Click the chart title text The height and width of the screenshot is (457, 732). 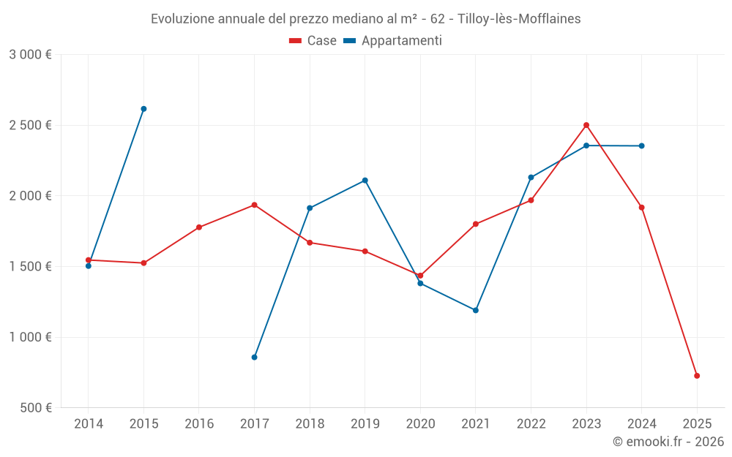(365, 19)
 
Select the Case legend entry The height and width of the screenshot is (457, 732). (313, 41)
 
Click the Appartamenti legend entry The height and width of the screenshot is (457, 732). (392, 41)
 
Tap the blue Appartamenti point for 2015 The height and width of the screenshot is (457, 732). (143, 109)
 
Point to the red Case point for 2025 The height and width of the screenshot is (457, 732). (697, 376)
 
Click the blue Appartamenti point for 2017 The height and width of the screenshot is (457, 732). (254, 357)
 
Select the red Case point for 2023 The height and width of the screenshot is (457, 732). (586, 125)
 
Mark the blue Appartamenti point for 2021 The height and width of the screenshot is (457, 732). (476, 310)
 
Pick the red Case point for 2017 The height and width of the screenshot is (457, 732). (254, 205)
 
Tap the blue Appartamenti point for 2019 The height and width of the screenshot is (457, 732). (365, 181)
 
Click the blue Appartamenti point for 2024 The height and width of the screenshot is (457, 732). (642, 146)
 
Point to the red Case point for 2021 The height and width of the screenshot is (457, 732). (476, 224)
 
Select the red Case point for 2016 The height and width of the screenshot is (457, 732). (199, 227)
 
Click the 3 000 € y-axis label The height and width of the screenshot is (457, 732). (31, 55)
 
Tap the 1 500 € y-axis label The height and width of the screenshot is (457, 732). (31, 267)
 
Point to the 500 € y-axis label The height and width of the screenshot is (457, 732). (35, 408)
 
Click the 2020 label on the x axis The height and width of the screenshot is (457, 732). (420, 424)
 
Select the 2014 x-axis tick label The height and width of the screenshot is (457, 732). (89, 424)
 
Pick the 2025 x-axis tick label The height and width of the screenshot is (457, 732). (697, 424)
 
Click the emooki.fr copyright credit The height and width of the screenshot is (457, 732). (668, 442)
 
